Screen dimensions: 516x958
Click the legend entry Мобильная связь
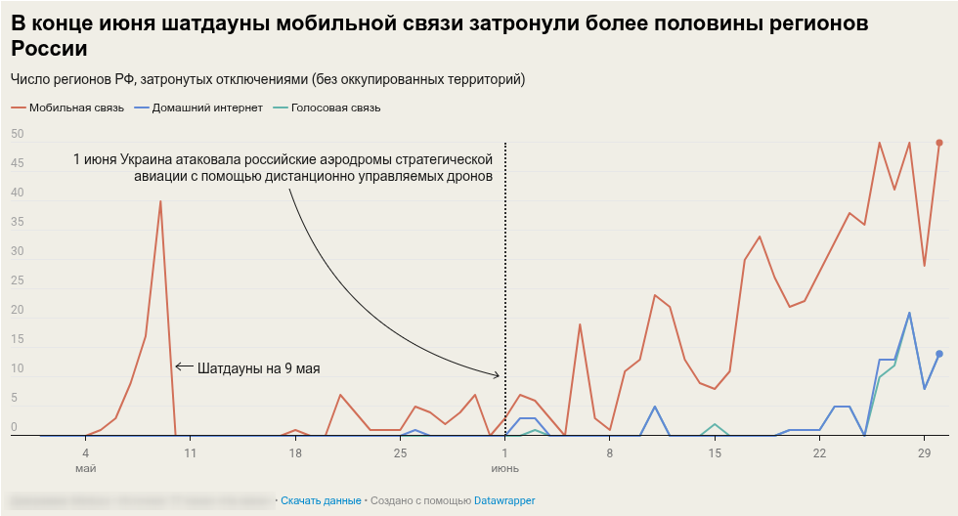coord(76,107)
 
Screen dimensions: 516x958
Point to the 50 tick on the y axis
coord(18,135)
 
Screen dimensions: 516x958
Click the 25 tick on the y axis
coord(18,281)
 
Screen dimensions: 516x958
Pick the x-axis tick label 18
coord(295,453)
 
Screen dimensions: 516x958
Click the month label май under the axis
coord(86,468)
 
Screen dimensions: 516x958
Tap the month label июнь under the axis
coord(504,468)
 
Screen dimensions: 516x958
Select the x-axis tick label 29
coord(924,453)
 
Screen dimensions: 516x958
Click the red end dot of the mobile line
coord(939,143)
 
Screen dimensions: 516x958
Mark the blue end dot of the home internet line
coord(939,354)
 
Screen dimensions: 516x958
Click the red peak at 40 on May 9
coord(160,201)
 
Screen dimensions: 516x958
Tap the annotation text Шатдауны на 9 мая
coord(259,369)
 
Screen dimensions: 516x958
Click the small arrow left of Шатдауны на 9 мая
coord(183,367)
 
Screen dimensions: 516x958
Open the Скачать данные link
coord(321,500)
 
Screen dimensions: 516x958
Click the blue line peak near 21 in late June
coord(909,313)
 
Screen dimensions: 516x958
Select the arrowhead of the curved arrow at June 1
coord(500,375)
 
